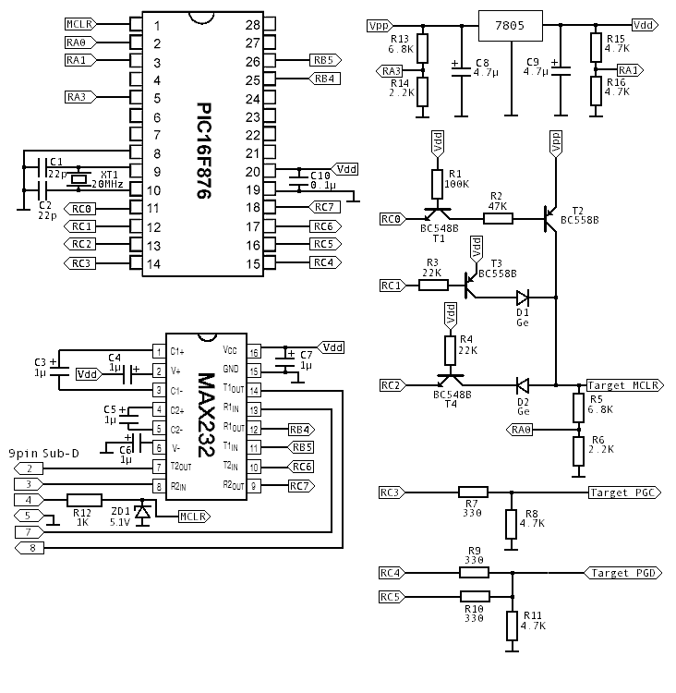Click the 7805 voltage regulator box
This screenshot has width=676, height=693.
[511, 26]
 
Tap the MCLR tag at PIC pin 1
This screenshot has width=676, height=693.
[80, 24]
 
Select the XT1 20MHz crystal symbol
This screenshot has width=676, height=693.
[78, 179]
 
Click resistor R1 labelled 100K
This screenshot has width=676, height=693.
[437, 184]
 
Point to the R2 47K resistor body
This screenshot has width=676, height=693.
[498, 218]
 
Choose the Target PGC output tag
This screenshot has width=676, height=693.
[625, 492]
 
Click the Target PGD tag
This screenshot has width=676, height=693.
[623, 573]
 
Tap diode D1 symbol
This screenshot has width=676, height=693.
[523, 298]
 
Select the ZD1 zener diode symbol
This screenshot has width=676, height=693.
[142, 512]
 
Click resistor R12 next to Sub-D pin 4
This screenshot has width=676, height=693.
[84, 500]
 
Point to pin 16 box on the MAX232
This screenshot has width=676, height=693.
[254, 352]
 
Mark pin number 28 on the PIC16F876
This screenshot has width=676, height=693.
[253, 25]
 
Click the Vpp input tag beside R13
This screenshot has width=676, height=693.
[380, 26]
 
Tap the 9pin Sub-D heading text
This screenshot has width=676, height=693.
[43, 454]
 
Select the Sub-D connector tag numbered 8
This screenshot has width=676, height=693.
[30, 549]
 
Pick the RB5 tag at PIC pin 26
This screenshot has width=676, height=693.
[326, 60]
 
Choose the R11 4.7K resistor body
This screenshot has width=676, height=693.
[513, 626]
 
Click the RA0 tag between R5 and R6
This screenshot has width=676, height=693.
[520, 429]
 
